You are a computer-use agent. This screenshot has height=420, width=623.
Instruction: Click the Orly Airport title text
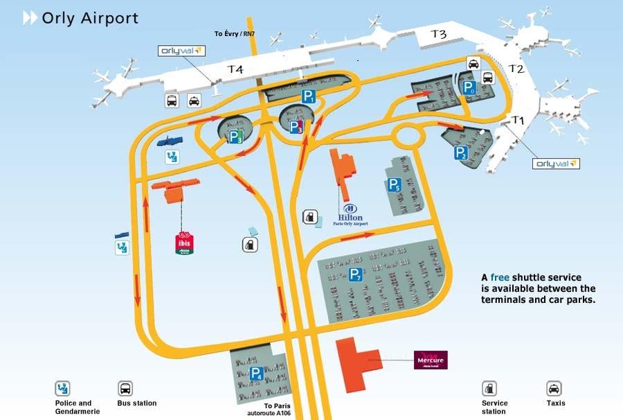90,18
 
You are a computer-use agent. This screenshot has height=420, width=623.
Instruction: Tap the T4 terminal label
236,69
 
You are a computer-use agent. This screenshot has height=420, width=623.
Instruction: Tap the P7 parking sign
355,274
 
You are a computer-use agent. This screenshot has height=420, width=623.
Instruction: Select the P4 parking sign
255,374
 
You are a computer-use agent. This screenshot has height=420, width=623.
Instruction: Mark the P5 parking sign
393,184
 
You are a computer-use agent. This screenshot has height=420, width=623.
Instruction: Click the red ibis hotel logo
184,243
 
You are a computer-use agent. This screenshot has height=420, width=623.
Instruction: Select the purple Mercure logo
431,360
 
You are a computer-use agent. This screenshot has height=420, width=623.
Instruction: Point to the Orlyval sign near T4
182,51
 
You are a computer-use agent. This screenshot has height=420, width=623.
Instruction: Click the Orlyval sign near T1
555,164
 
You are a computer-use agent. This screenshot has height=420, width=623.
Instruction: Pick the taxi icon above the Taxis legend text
554,388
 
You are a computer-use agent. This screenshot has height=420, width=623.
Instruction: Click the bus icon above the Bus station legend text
125,388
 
